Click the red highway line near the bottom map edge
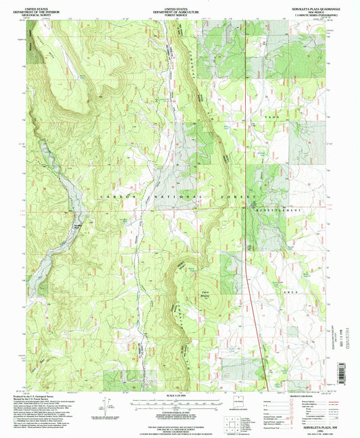pos(261,379)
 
